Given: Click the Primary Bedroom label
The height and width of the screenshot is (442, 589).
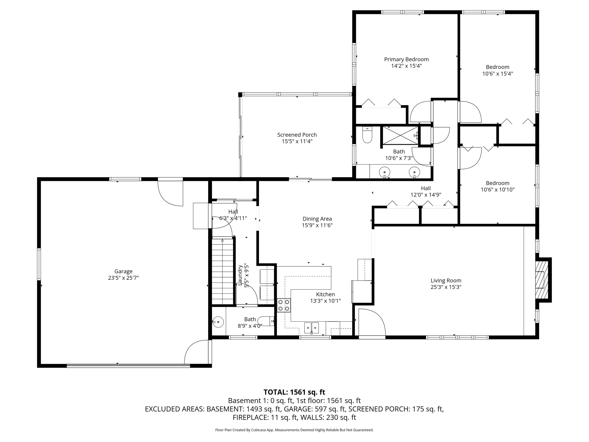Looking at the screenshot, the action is (x=406, y=59).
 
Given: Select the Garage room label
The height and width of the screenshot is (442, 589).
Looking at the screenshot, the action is (x=123, y=271).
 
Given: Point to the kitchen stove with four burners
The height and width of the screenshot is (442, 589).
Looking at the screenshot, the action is (x=284, y=305).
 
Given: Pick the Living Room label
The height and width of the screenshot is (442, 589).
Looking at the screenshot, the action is (x=446, y=281).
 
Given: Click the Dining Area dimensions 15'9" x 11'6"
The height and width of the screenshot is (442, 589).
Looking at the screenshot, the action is (x=317, y=225).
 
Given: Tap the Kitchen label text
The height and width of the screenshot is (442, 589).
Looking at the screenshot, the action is (x=325, y=294).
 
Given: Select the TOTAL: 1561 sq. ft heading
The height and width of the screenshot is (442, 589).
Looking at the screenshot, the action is (x=294, y=392).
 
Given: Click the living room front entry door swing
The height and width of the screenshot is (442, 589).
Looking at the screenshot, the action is (x=372, y=323).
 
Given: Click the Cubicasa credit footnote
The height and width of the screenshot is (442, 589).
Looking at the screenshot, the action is (x=294, y=430).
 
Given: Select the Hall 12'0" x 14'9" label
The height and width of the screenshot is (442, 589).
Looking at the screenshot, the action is (x=426, y=192).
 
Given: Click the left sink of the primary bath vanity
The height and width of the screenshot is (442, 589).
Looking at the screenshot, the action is (x=384, y=172).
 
